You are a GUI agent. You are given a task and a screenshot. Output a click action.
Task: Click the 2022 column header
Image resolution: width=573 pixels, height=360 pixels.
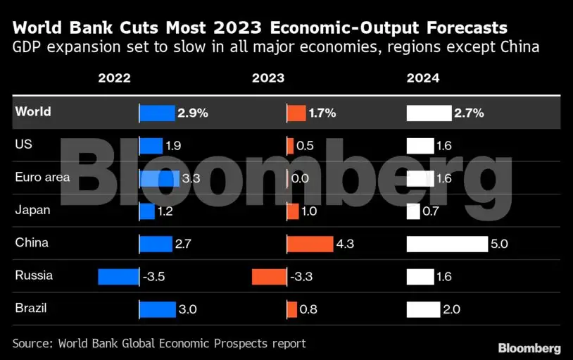[115, 78]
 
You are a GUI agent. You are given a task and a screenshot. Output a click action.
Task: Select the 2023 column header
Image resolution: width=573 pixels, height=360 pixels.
[268, 78]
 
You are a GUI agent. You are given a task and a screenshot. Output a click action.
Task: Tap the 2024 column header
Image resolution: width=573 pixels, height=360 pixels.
[423, 78]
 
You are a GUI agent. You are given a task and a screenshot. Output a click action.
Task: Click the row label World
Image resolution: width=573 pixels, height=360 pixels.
[33, 111]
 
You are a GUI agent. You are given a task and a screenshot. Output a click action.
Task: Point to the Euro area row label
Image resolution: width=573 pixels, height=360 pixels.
[42, 177]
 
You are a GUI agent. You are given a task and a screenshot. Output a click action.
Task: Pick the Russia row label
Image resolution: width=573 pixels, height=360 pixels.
[34, 275]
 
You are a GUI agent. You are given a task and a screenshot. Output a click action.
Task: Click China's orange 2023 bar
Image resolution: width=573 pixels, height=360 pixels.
[310, 244]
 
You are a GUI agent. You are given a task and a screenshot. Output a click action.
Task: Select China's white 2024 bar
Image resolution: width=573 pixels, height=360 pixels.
[447, 244]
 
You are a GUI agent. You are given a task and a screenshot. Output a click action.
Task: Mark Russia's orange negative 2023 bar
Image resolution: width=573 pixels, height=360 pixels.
[269, 276]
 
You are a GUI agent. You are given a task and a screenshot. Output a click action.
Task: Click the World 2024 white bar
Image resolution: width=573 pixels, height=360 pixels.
[429, 113]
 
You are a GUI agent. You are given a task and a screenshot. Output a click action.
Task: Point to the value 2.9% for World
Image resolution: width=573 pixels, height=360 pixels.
[193, 113]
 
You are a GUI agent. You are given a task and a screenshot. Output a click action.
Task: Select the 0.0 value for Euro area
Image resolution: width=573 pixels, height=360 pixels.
[300, 178]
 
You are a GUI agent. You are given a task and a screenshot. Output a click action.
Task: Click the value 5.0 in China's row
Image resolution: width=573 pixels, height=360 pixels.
[500, 244]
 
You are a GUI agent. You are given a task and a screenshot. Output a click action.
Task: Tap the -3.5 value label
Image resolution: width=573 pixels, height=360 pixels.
[154, 277]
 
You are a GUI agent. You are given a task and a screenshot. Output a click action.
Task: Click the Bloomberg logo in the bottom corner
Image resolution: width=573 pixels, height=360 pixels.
[529, 348]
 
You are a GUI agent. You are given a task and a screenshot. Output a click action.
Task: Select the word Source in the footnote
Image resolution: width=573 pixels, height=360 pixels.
[32, 343]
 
